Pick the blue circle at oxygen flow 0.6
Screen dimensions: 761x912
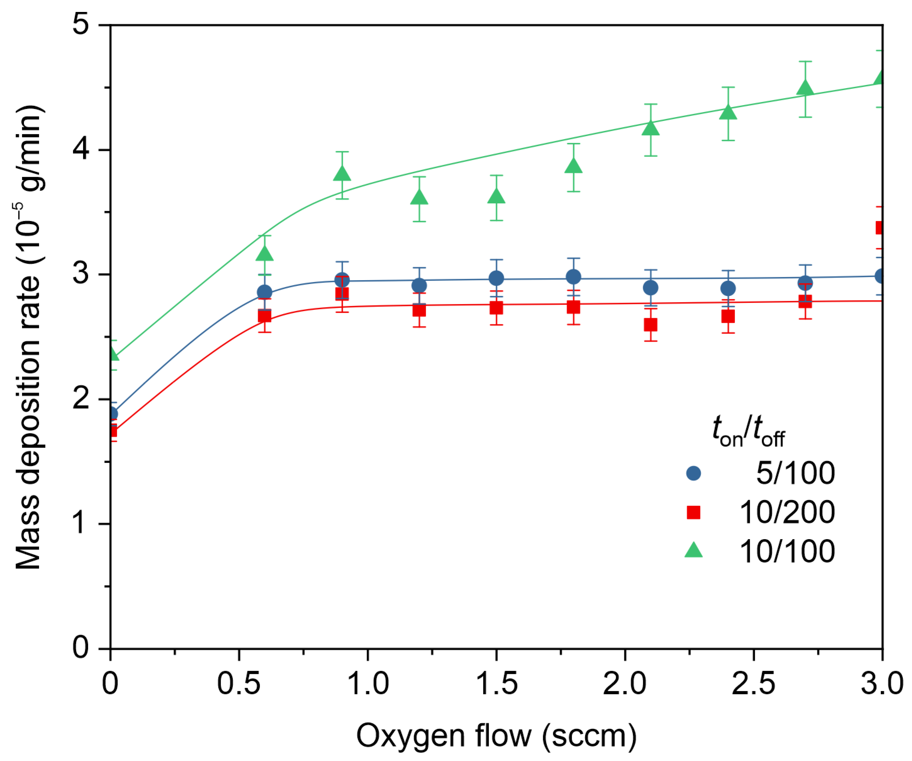tap(264, 292)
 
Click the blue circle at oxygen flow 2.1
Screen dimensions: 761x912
tap(650, 288)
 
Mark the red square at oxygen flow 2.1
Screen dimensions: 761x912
tap(650, 325)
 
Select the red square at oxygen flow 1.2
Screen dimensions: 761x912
tap(419, 310)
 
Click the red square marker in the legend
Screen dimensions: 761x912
tap(693, 512)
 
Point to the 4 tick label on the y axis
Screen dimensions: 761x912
tap(81, 149)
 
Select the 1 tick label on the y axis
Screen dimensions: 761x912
tap(81, 523)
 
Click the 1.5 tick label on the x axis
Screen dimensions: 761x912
tap(496, 684)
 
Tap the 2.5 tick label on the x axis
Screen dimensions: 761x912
tap(754, 684)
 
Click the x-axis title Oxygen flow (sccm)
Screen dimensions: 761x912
tap(496, 736)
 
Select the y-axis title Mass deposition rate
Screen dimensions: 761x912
tap(28, 337)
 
